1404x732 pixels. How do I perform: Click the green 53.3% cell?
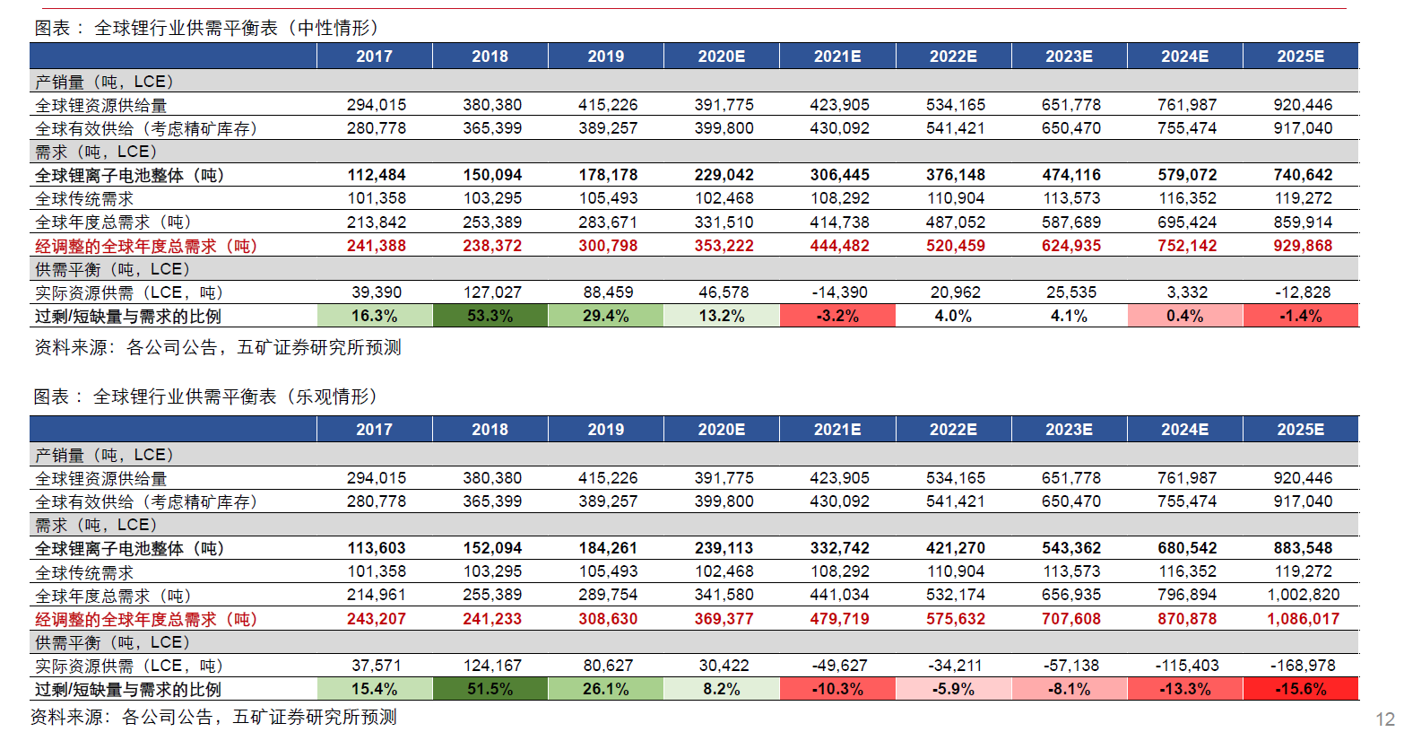coord(490,316)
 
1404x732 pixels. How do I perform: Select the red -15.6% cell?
coord(1300,689)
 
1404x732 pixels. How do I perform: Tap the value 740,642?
coord(1302,175)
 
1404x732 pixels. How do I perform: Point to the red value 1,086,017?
coord(1302,619)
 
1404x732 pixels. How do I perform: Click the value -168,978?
coord(1302,666)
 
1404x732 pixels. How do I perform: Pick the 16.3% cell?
coord(374,316)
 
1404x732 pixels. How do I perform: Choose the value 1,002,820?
coord(1302,595)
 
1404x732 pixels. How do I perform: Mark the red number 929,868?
coord(1302,246)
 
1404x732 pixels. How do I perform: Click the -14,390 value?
coord(838,292)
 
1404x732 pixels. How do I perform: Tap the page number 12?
coord(1384,719)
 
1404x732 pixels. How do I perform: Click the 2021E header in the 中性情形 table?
coord(837,56)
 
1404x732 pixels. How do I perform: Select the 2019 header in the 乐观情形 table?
coord(605,429)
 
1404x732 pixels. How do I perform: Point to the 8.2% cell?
coord(721,689)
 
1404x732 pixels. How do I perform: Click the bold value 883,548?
coord(1302,548)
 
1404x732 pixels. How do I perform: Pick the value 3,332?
coord(1187,292)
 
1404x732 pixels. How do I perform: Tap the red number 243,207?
coord(376,619)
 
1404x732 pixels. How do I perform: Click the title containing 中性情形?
coord(207,28)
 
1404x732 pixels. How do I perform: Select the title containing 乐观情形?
coord(206,396)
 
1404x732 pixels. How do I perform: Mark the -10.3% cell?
coord(837,689)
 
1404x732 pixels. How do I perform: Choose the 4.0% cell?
coord(952,316)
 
